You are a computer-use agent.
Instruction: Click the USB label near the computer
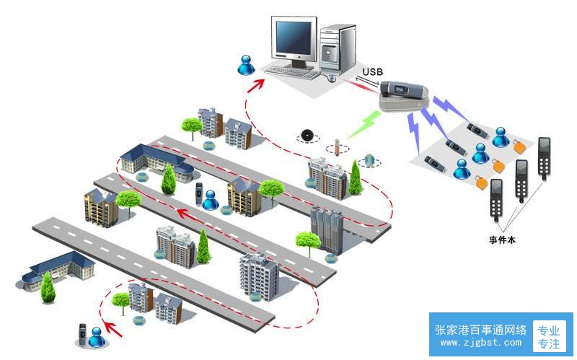point(372,71)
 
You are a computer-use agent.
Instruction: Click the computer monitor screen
point(294,38)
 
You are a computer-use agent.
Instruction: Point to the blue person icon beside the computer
point(246,65)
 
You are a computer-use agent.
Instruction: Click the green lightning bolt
point(363,124)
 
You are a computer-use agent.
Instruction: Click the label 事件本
point(502,240)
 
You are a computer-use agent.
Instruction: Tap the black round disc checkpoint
point(307,135)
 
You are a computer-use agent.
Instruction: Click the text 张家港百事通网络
point(480,330)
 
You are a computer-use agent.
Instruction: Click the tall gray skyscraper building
point(327,230)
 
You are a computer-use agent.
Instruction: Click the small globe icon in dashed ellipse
point(369,160)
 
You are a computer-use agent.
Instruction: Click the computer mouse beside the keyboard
point(331,78)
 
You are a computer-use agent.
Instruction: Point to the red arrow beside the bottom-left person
point(112,329)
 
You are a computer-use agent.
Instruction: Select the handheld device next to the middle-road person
point(199,194)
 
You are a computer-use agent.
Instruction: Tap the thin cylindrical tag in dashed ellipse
point(336,146)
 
